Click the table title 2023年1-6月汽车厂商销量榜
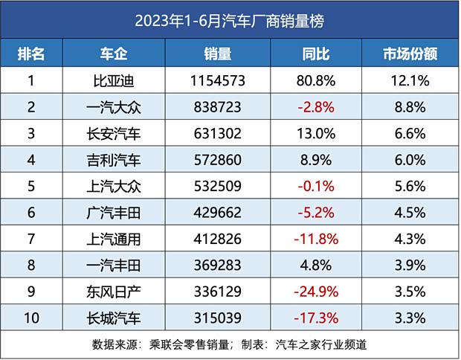click(x=230, y=21)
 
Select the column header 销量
click(x=217, y=54)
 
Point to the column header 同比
click(x=317, y=54)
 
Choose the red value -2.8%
click(x=317, y=107)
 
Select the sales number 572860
click(x=217, y=160)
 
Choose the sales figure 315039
click(x=217, y=318)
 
